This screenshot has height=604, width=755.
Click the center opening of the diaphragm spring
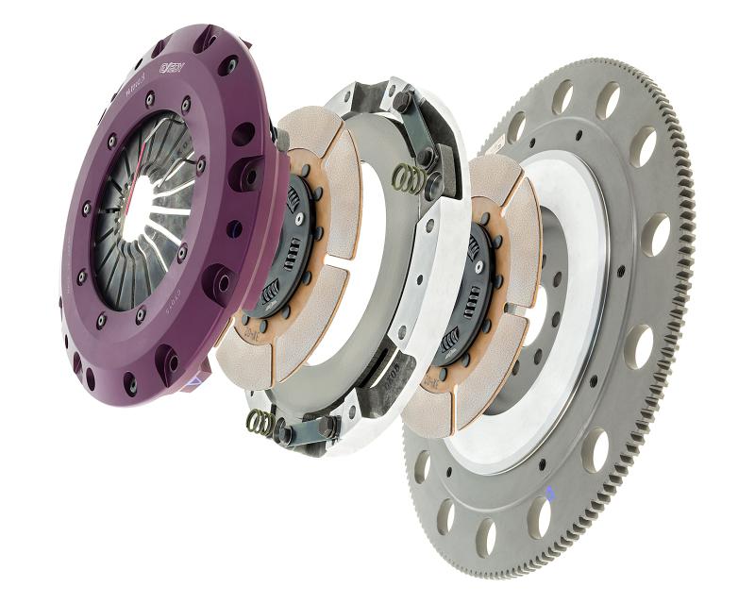coord(141,213)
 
